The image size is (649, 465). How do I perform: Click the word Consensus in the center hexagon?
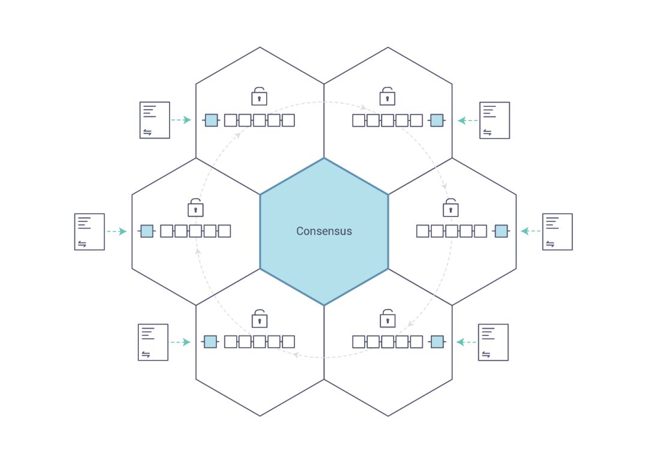(x=324, y=231)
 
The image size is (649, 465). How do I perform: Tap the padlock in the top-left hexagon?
(x=259, y=96)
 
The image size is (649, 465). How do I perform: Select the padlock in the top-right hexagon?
(x=388, y=96)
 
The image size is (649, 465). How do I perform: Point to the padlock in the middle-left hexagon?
(x=195, y=208)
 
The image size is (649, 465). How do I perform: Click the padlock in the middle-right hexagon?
(x=451, y=208)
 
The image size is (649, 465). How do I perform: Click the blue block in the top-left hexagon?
(x=211, y=120)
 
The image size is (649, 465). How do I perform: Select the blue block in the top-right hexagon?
(x=437, y=120)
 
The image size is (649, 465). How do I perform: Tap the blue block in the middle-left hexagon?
(x=147, y=231)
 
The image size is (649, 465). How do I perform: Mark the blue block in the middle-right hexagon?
(x=501, y=231)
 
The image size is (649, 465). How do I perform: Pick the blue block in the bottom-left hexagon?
(x=210, y=342)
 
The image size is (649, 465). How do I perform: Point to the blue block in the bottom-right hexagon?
(x=437, y=342)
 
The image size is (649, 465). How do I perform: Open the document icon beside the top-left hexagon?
(x=154, y=120)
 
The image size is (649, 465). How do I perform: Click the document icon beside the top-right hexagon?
(x=495, y=120)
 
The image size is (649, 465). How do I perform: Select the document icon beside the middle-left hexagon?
(x=90, y=232)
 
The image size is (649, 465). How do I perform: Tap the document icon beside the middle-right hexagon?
(x=557, y=232)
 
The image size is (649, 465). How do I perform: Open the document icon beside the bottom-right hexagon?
(x=493, y=342)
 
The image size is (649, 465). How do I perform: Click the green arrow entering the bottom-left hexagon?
(x=180, y=342)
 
